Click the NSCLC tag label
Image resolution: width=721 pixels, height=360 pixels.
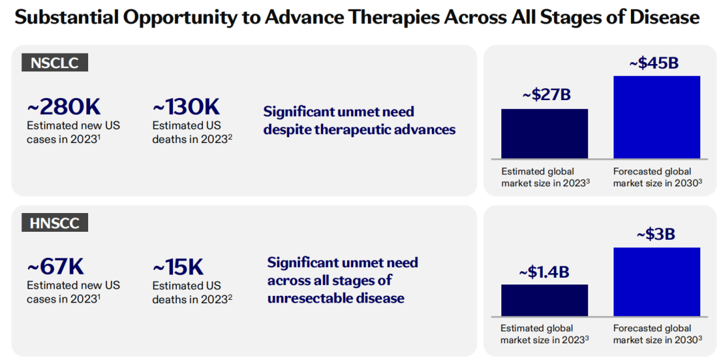(55, 63)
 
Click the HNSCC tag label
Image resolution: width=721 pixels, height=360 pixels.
(55, 223)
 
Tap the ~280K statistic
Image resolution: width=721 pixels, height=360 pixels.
(64, 107)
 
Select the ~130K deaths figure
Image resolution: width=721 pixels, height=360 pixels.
(186, 107)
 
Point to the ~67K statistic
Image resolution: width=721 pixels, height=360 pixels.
(55, 266)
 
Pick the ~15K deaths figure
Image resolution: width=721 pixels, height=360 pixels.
(178, 266)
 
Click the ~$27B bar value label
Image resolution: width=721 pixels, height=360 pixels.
(546, 95)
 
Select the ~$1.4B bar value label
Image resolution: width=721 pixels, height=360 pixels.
(544, 273)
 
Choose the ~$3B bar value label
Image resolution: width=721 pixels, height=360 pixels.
(656, 234)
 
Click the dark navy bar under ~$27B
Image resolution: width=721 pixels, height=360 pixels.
(545, 134)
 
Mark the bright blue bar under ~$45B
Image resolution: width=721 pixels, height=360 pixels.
(657, 118)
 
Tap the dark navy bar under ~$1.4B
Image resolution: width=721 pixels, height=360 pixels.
(545, 301)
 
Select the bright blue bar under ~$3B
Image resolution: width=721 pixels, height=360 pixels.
(657, 282)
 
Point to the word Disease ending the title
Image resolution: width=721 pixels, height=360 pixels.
(664, 18)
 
